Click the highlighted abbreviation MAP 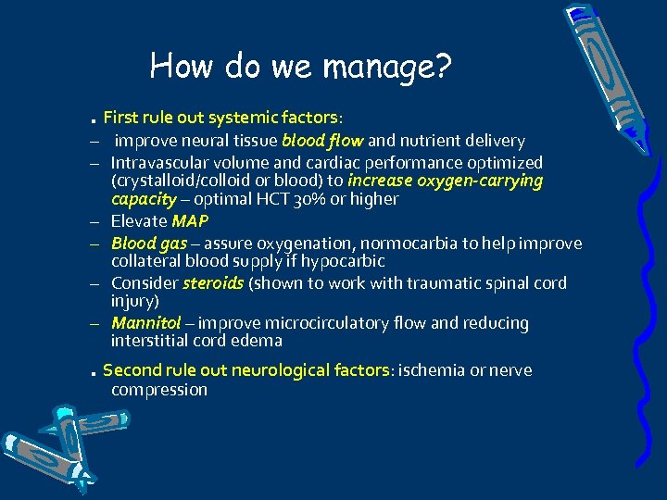point(190,221)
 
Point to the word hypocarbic point(347,262)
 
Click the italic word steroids point(213,283)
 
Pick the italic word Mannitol point(146,323)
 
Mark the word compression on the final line point(158,390)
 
